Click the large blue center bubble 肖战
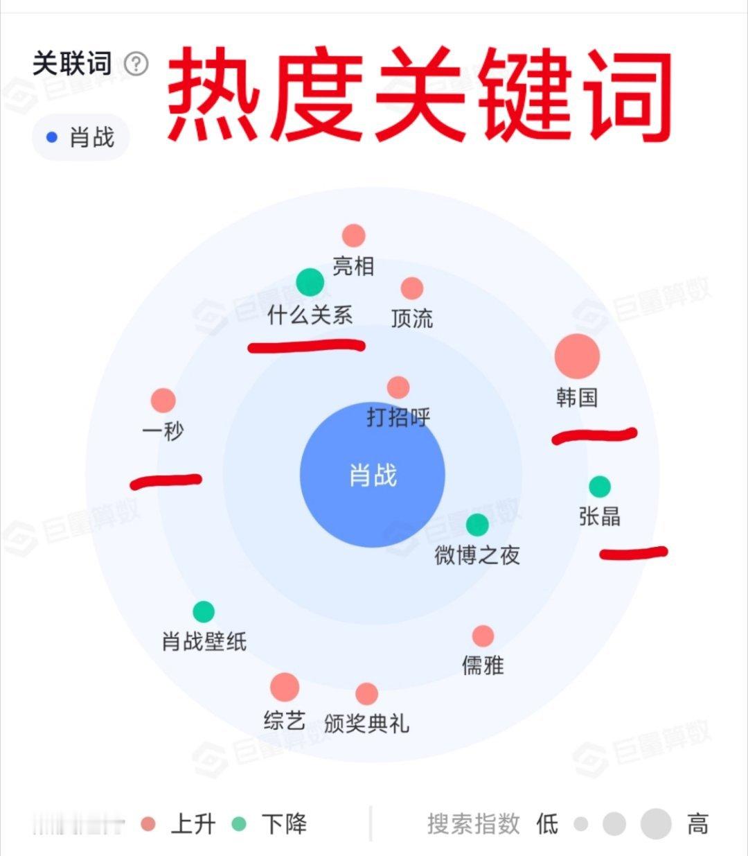(x=373, y=475)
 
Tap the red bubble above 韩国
(x=577, y=356)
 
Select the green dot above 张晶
(x=599, y=487)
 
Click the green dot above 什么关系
(x=310, y=282)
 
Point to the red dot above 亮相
(x=353, y=236)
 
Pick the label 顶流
(x=412, y=319)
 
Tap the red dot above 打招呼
(x=398, y=387)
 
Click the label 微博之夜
(x=477, y=555)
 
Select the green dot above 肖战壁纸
(x=204, y=611)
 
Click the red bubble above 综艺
(x=285, y=687)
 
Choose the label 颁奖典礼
(x=366, y=724)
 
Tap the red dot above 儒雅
(x=483, y=636)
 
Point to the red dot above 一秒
(x=163, y=400)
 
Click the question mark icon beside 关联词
(x=136, y=64)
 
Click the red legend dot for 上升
(x=148, y=824)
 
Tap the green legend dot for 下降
(x=238, y=824)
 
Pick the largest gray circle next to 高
(x=656, y=824)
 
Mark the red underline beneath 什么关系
(x=306, y=345)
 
